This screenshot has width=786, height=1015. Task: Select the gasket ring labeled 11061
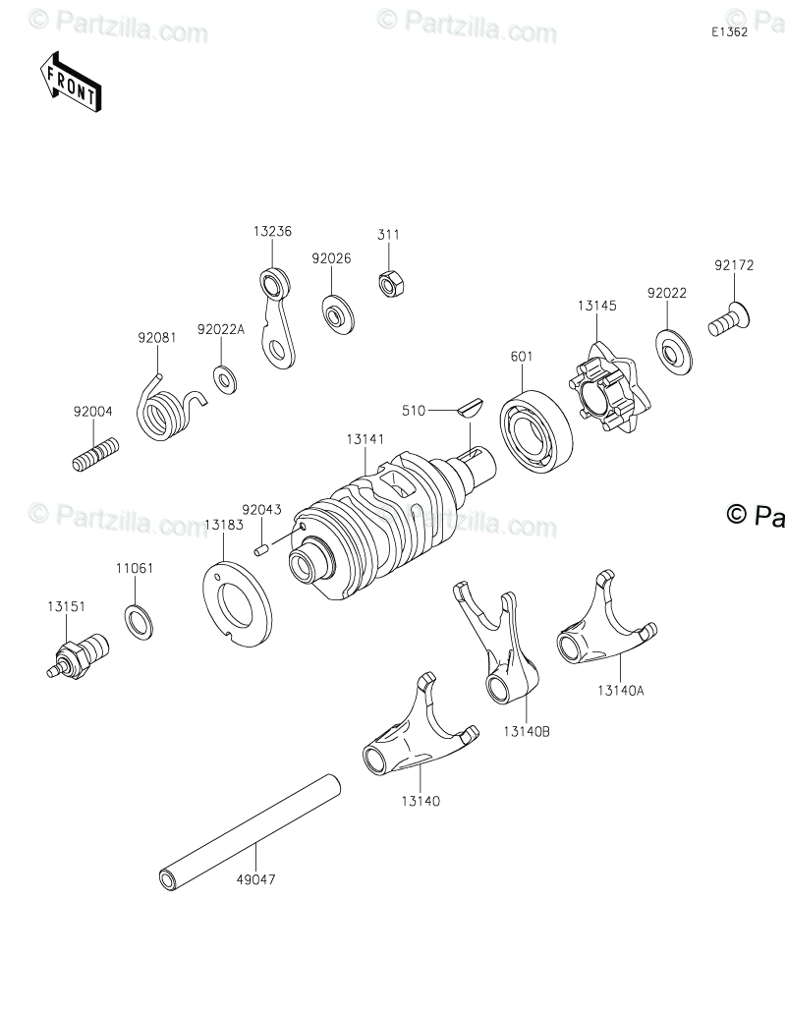coord(139,621)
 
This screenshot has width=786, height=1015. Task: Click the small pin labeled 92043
coord(261,546)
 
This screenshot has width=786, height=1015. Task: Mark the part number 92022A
coord(220,330)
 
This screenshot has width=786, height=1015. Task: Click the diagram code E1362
coord(730,31)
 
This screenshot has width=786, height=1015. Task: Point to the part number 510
coord(413,411)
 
